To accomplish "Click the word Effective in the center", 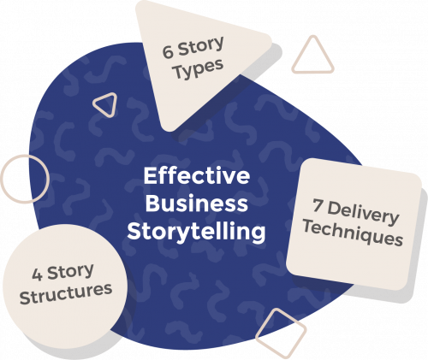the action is click(197, 176).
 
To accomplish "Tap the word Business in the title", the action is click(197, 204).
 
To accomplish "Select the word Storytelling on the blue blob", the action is click(197, 232).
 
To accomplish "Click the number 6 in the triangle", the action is click(169, 51).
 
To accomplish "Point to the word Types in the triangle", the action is click(199, 68).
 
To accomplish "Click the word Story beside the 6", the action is click(201, 47).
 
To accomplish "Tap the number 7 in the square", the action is click(318, 205).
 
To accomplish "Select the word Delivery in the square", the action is click(363, 213).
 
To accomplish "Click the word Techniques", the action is click(353, 234).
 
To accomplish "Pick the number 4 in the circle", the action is click(37, 275).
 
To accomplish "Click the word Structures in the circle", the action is click(66, 294).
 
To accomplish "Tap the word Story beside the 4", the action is click(70, 272).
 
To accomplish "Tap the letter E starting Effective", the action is click(150, 176).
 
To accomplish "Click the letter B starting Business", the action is click(152, 204).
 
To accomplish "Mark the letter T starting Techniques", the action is click(309, 226).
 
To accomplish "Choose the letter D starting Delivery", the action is click(334, 208).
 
